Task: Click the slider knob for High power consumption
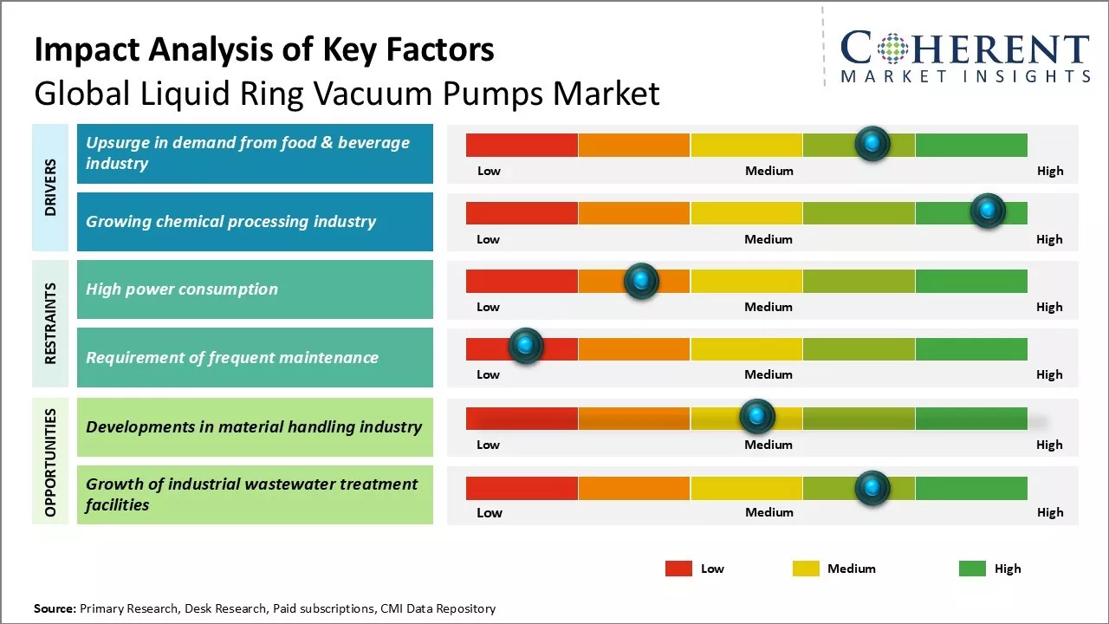(641, 281)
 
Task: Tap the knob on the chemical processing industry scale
(987, 211)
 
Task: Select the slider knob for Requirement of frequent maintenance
(525, 346)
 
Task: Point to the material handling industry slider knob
(757, 417)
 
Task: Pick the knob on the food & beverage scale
(872, 143)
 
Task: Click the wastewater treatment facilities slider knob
(872, 488)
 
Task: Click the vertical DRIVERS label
(50, 187)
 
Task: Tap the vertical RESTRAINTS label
(50, 323)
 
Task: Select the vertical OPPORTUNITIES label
(50, 462)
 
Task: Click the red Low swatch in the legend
(678, 569)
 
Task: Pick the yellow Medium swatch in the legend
(806, 569)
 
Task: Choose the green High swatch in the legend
(972, 569)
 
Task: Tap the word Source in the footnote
(55, 608)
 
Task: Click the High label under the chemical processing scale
(1049, 239)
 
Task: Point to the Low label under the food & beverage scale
(489, 171)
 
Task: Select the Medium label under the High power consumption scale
(769, 307)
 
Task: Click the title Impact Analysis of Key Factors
(264, 50)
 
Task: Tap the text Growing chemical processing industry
(230, 221)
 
